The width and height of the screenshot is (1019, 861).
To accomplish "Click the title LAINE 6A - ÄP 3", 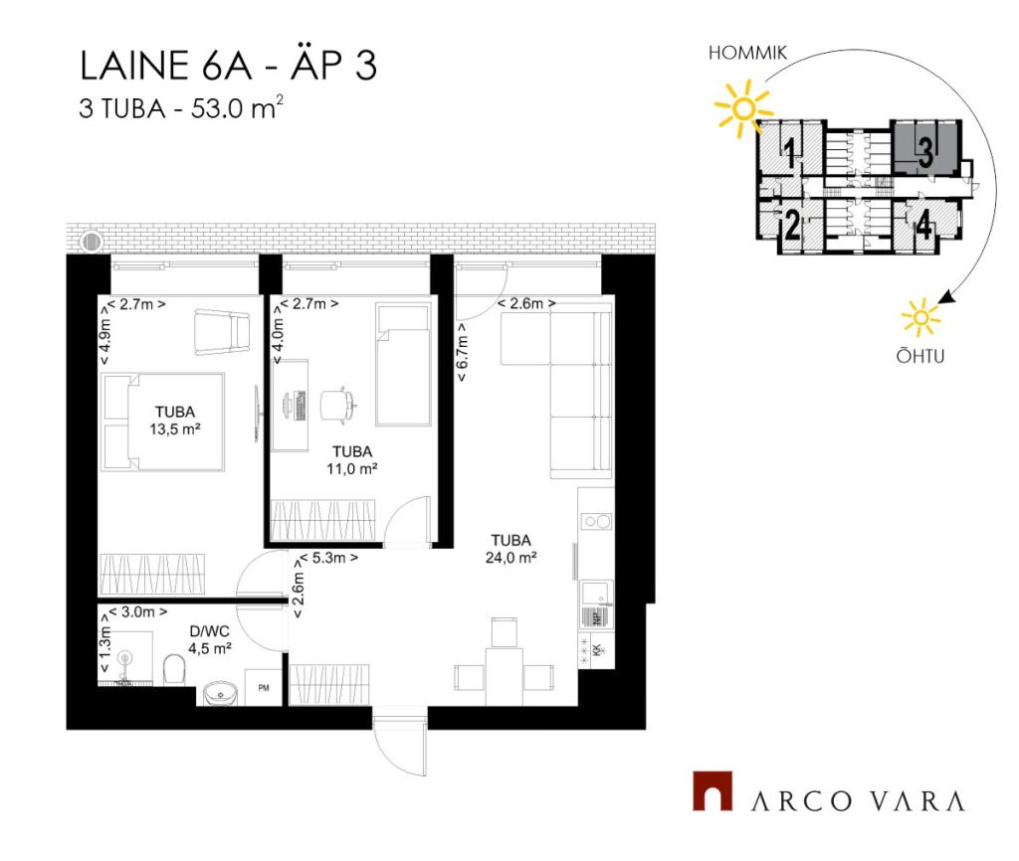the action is [x=228, y=66].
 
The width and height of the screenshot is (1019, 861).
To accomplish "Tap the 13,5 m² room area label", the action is [x=175, y=430].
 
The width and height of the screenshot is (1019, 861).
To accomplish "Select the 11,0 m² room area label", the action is [x=352, y=469].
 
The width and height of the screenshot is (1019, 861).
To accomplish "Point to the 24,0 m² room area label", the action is [x=510, y=557].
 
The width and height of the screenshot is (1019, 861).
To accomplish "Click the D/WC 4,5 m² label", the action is [x=210, y=639].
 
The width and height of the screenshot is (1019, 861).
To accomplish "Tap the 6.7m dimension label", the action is [x=462, y=353].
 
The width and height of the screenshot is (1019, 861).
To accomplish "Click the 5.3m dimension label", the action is [x=328, y=558].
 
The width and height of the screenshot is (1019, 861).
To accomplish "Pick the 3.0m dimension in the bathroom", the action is [x=137, y=611].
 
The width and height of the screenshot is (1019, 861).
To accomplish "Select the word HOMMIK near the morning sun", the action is [x=747, y=53].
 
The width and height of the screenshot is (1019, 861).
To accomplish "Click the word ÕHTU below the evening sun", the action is [x=920, y=356].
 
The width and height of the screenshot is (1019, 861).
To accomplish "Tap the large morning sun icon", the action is [x=742, y=108].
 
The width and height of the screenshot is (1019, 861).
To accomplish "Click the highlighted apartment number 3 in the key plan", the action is [x=925, y=152].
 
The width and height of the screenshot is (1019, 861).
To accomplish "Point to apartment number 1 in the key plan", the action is [x=789, y=152].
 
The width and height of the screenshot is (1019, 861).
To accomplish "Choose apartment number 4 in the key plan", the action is [x=923, y=227].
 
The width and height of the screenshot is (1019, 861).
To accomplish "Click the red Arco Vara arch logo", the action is [x=713, y=790].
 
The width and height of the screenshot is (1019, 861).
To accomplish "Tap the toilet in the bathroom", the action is [x=174, y=669].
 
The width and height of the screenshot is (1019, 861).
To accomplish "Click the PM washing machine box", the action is [x=263, y=687].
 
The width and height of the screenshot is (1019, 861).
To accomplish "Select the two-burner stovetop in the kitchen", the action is [x=596, y=521].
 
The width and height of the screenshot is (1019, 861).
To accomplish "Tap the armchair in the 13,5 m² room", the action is [x=222, y=332].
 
